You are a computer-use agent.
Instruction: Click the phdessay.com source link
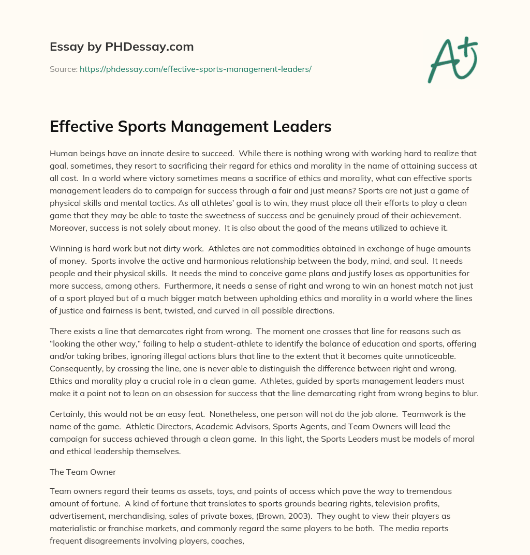[x=195, y=68]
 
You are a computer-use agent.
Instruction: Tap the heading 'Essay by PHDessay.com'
[x=122, y=47]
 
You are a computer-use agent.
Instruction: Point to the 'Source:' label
[x=63, y=68]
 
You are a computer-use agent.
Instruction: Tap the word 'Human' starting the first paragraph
[x=63, y=153]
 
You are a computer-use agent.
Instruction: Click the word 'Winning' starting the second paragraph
[x=65, y=248]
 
